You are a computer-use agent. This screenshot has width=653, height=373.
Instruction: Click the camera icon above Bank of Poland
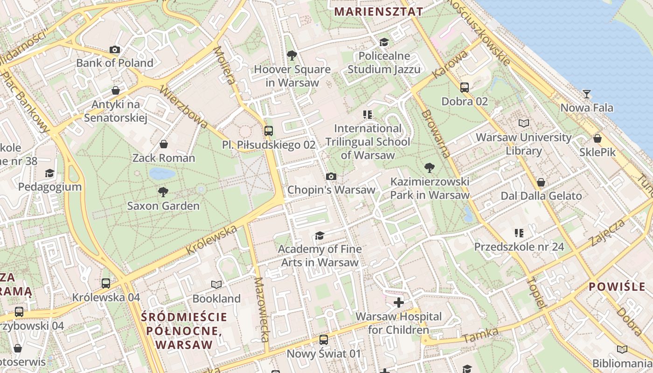[x=114, y=49]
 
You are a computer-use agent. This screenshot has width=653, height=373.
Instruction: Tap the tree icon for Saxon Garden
[x=163, y=192]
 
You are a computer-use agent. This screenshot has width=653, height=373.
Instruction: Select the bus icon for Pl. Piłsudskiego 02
[x=268, y=131]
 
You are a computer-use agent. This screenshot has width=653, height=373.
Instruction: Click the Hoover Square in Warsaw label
[x=292, y=76]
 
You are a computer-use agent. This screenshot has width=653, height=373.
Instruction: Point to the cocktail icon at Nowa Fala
[x=586, y=94]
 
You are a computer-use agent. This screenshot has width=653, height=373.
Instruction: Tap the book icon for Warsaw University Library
[x=524, y=124]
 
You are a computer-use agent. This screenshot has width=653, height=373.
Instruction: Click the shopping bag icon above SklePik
[x=597, y=138]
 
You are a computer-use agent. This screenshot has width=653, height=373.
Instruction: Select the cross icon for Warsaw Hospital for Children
[x=398, y=303]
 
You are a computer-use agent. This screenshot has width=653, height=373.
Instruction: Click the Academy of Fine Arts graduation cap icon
[x=320, y=235]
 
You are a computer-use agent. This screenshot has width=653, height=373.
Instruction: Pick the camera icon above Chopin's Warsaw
[x=331, y=176]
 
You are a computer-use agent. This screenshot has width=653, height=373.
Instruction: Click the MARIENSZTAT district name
[x=379, y=12]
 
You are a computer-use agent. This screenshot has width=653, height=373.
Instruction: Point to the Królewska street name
[x=212, y=240]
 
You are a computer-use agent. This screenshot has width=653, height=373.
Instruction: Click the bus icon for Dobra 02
[x=464, y=87]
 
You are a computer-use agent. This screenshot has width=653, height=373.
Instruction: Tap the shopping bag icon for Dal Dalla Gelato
[x=541, y=182]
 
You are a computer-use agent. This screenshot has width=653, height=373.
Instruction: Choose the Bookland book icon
[x=216, y=284]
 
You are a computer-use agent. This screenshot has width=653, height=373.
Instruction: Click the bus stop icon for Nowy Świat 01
[x=323, y=340]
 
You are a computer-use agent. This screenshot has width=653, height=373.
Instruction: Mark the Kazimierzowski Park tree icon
[x=429, y=168]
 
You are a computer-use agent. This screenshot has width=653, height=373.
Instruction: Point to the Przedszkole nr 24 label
[x=519, y=247]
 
